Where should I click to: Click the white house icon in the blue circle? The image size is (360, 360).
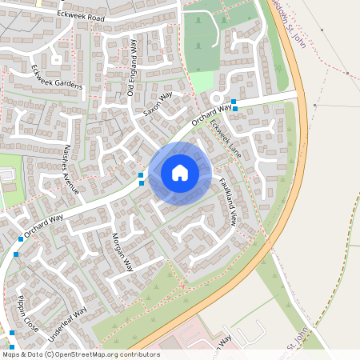(180, 172)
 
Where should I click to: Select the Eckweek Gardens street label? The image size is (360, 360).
(58, 77)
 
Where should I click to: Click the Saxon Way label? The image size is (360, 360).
(158, 106)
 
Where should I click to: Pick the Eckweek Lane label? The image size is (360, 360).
(225, 136)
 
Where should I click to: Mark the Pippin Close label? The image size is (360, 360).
(28, 313)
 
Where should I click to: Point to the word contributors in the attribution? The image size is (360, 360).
(138, 354)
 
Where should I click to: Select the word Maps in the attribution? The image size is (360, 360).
(11, 354)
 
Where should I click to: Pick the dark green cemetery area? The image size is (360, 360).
(199, 40)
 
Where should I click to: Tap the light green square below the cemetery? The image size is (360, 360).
(203, 81)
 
